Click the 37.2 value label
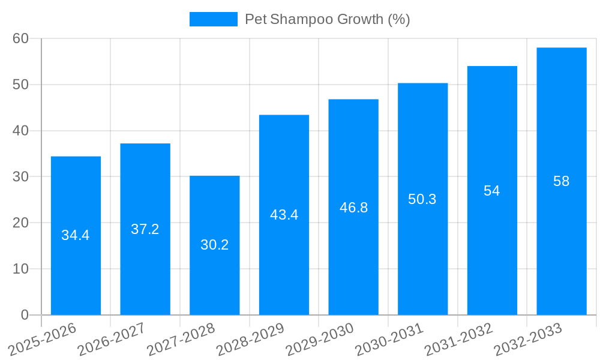pos(145,229)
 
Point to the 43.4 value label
pos(284,215)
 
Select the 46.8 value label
pos(353,208)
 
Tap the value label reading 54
pos(492,191)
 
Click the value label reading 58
pos(561,181)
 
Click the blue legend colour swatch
pos(213,19)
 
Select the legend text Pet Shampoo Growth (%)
pos(327,19)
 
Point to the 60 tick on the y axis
pos(21,38)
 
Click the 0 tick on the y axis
pos(25,315)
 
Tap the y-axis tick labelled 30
pos(21,177)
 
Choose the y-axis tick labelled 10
pos(21,269)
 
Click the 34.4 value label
pos(76,235)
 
